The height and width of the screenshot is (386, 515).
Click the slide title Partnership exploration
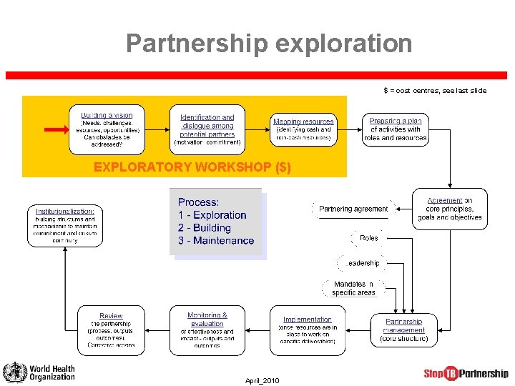pyautogui.click(x=269, y=44)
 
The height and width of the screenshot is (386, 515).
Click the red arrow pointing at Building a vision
pyautogui.click(x=57, y=129)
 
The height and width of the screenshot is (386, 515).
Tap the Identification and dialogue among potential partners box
pyautogui.click(x=207, y=129)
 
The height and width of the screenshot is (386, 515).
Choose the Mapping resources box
pyautogui.click(x=303, y=129)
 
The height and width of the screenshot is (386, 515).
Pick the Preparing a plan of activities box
pyautogui.click(x=395, y=129)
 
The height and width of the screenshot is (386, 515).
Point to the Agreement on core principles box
pyautogui.click(x=450, y=209)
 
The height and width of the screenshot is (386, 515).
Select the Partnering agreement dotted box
pyautogui.click(x=353, y=209)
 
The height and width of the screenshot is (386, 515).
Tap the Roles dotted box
pyautogui.click(x=369, y=238)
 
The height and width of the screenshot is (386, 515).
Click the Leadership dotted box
pyautogui.click(x=363, y=263)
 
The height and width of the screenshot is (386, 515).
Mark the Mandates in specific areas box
pyautogui.click(x=353, y=288)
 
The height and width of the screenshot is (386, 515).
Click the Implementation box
pyautogui.click(x=307, y=330)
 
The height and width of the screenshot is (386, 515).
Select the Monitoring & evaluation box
pyautogui.click(x=207, y=330)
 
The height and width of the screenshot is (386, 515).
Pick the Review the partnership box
pyautogui.click(x=111, y=330)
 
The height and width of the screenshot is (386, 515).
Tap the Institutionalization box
pyautogui.click(x=65, y=226)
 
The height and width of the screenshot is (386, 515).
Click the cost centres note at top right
pyautogui.click(x=434, y=91)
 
